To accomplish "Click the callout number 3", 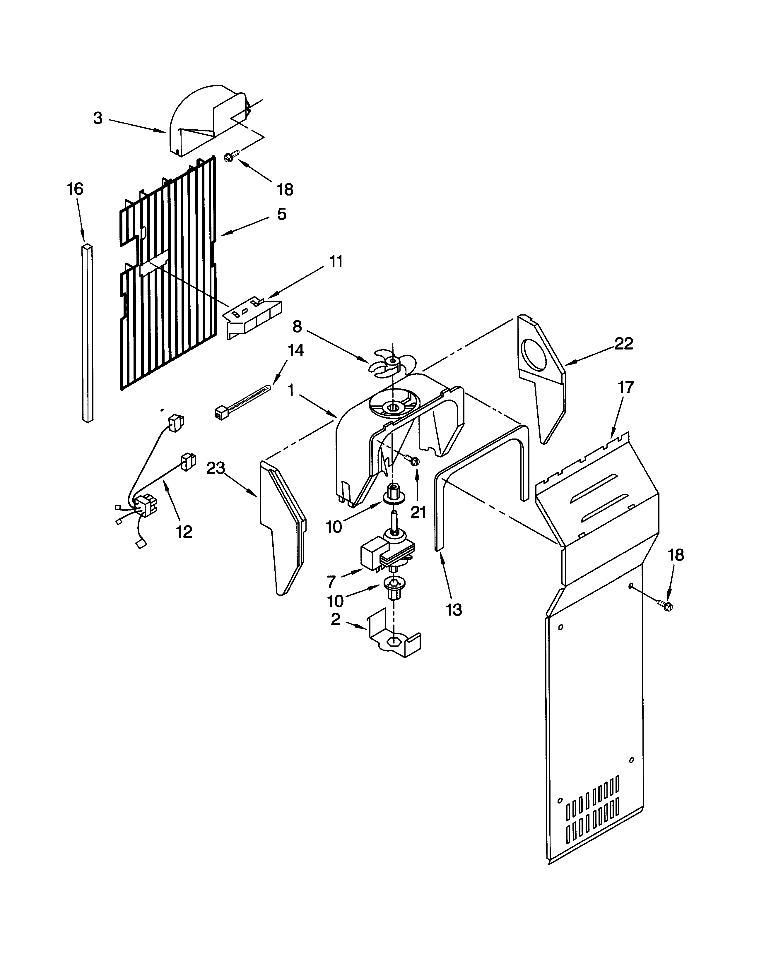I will (98, 119).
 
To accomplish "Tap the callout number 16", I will (75, 189).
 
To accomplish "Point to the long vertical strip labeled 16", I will (88, 333).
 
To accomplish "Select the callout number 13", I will (454, 610).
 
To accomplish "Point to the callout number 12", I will (184, 532).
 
